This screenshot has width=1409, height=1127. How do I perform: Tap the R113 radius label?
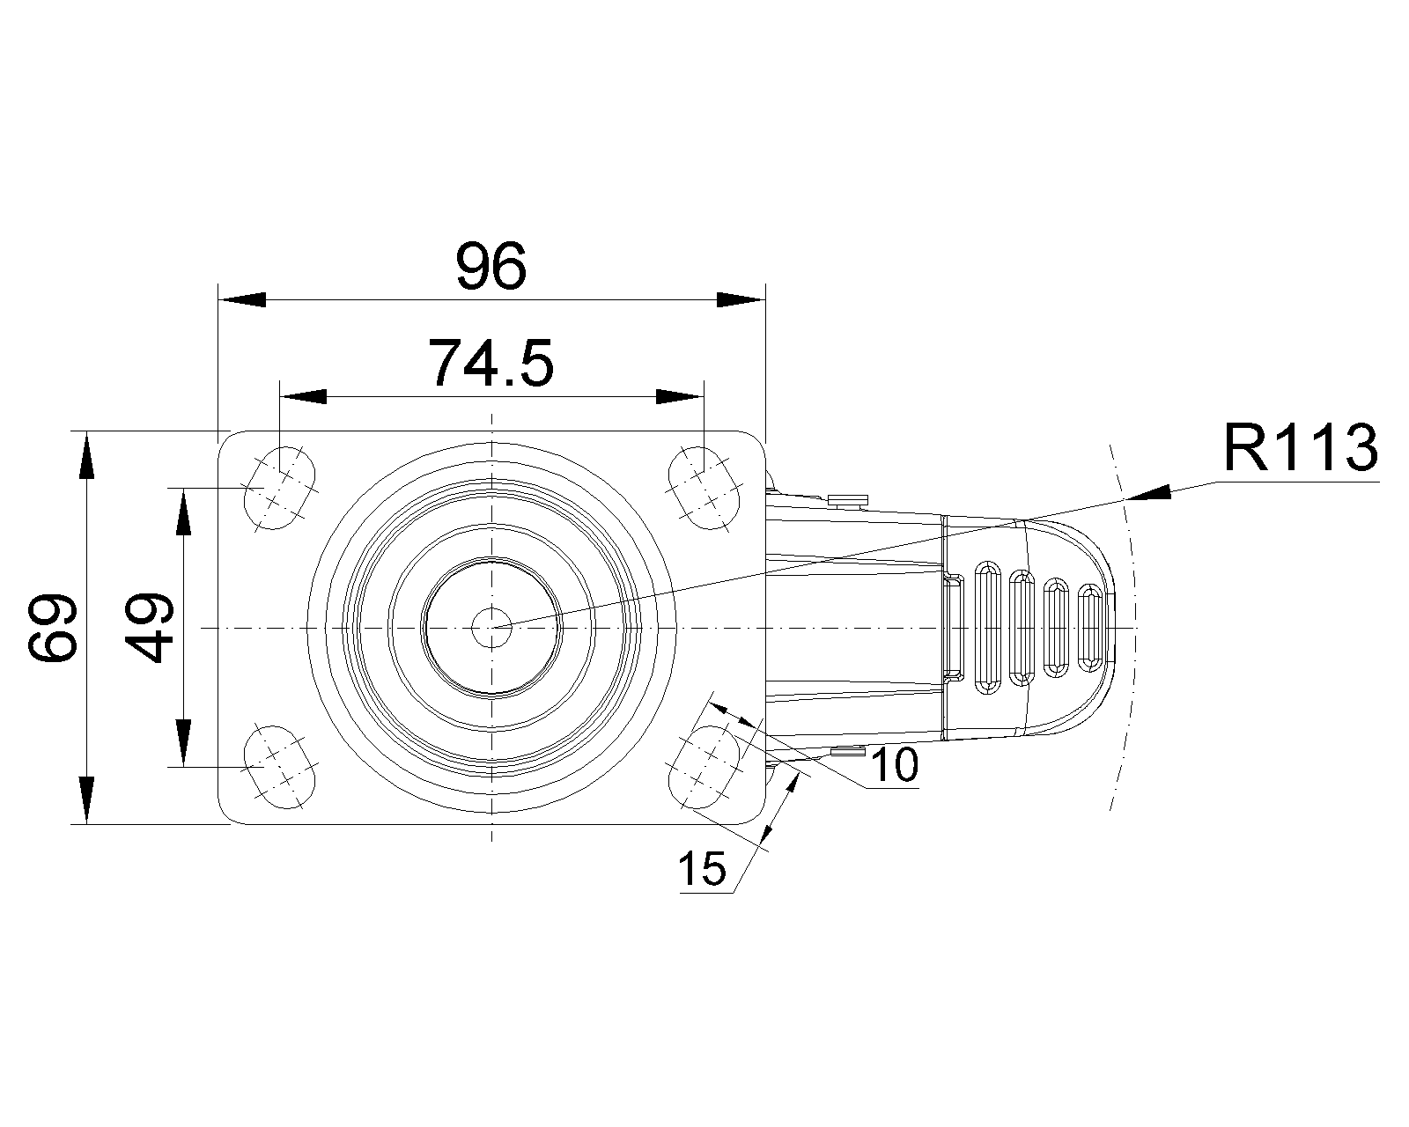pyautogui.click(x=1299, y=448)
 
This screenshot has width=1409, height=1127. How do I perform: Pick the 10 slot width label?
pyautogui.click(x=893, y=766)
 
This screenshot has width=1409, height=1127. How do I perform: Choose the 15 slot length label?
pyautogui.click(x=702, y=870)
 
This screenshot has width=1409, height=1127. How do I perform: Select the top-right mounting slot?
pyautogui.click(x=704, y=488)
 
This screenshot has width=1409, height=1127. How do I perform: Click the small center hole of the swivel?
pyautogui.click(x=491, y=627)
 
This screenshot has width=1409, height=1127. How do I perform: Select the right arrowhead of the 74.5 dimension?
pyautogui.click(x=679, y=397)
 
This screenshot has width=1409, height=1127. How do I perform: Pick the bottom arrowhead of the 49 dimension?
pyautogui.click(x=183, y=742)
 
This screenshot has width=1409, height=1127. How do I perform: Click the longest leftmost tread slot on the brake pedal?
pyautogui.click(x=985, y=627)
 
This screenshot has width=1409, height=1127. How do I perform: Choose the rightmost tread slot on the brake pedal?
pyautogui.click(x=1090, y=627)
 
